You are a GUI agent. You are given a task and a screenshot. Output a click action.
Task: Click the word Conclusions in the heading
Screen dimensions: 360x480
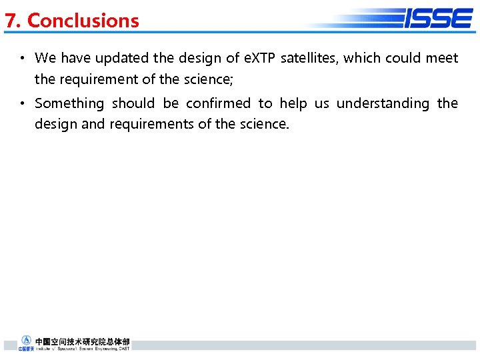pyautogui.click(x=83, y=21)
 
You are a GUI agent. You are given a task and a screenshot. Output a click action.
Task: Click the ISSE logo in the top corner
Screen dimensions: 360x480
pyautogui.click(x=437, y=18)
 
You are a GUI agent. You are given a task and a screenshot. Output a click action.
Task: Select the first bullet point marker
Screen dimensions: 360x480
pyautogui.click(x=22, y=59)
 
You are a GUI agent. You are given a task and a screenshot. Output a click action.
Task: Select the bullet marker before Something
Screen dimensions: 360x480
pyautogui.click(x=22, y=104)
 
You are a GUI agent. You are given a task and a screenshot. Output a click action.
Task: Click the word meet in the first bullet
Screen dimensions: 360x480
pyautogui.click(x=442, y=58)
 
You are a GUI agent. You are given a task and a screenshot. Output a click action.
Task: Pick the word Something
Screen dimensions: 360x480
pyautogui.click(x=69, y=103)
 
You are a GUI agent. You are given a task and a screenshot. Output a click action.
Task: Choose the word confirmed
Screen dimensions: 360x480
pyautogui.click(x=218, y=103)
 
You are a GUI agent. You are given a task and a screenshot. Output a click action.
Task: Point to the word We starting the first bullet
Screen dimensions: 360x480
pyautogui.click(x=45, y=58)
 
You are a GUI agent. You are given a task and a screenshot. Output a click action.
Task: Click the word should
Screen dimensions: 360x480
pyautogui.click(x=133, y=103)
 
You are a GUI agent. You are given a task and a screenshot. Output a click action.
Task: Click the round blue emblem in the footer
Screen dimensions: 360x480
pyautogui.click(x=27, y=340)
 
